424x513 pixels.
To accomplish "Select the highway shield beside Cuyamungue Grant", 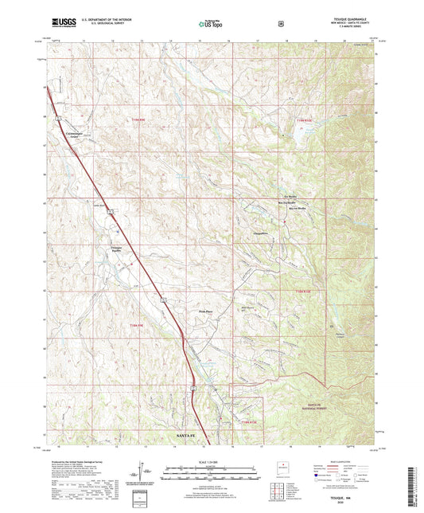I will coord(57,119).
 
